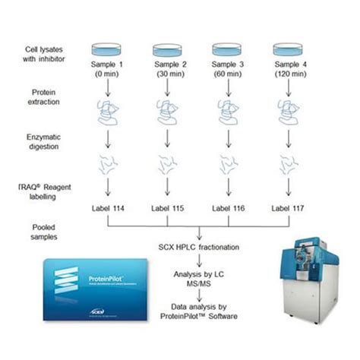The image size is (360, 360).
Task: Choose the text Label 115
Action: point(169,207)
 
